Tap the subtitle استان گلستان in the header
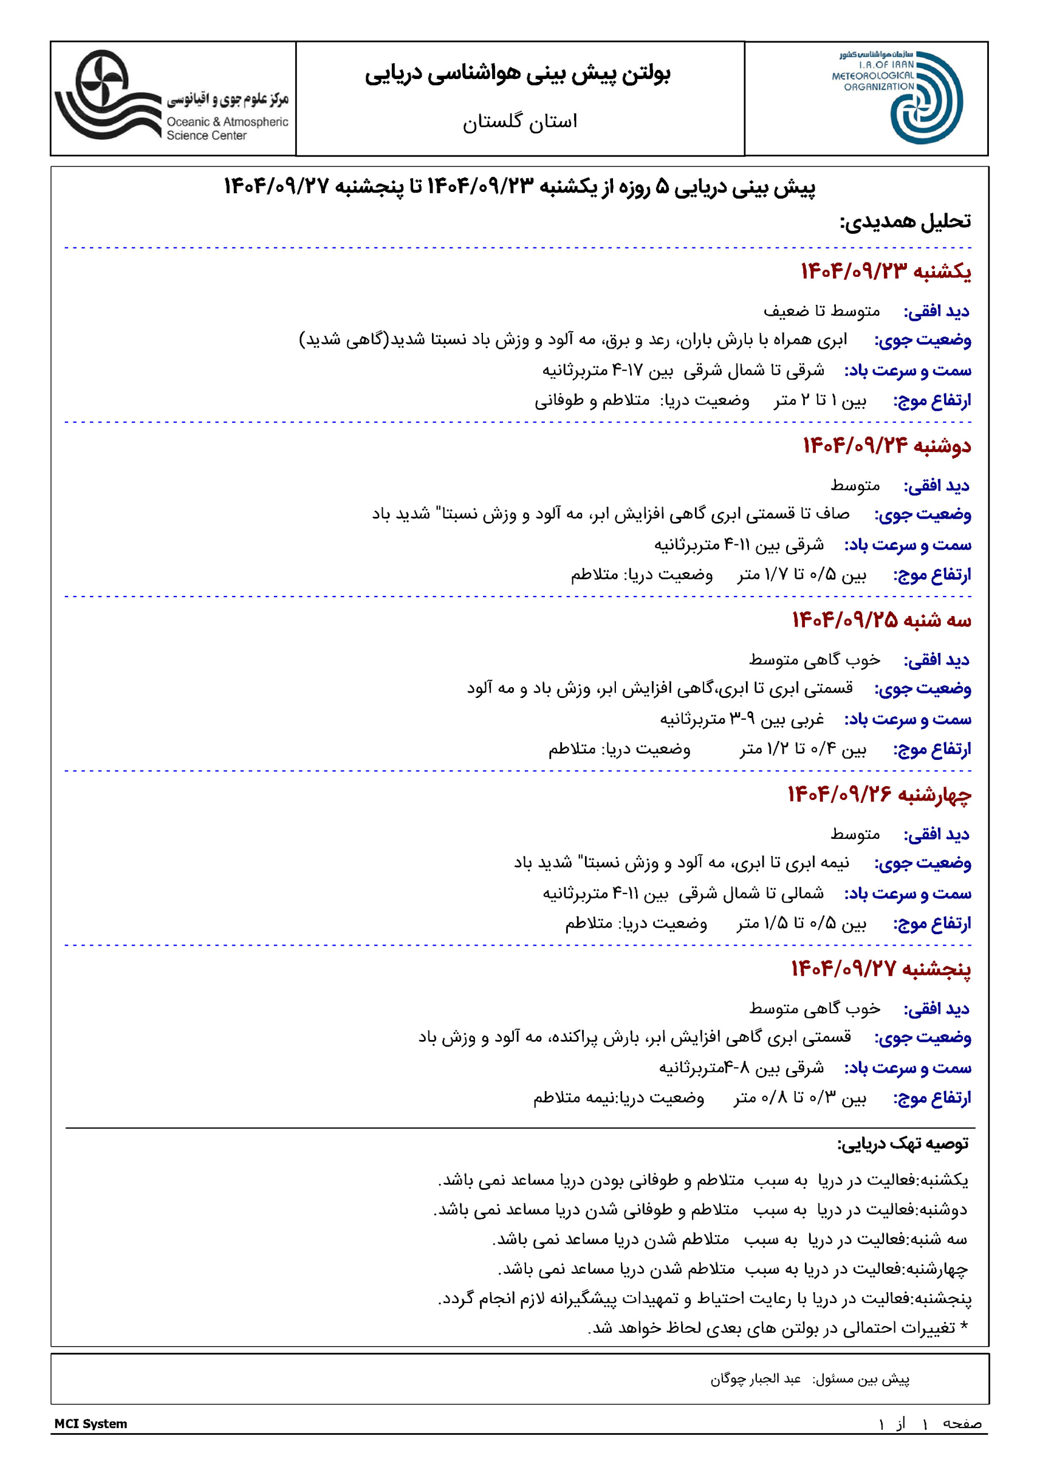[520, 121]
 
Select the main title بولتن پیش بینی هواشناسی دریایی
[517, 74]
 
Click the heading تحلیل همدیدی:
[905, 222]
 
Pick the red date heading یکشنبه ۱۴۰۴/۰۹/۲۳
[886, 272]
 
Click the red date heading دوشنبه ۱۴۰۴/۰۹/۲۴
[886, 445]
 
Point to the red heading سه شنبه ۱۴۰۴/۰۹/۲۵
[881, 620]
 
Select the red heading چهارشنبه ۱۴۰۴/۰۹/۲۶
[879, 794]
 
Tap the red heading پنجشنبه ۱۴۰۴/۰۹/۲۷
[881, 968]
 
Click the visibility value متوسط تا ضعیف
[822, 311]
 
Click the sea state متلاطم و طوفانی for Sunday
[592, 401]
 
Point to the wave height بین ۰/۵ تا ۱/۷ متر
[802, 575]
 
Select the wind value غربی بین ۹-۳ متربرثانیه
[742, 719]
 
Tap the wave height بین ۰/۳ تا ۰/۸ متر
[800, 1098]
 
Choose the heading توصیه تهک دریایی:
[903, 1143]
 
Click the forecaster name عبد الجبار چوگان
[755, 1379]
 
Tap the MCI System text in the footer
[91, 1423]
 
